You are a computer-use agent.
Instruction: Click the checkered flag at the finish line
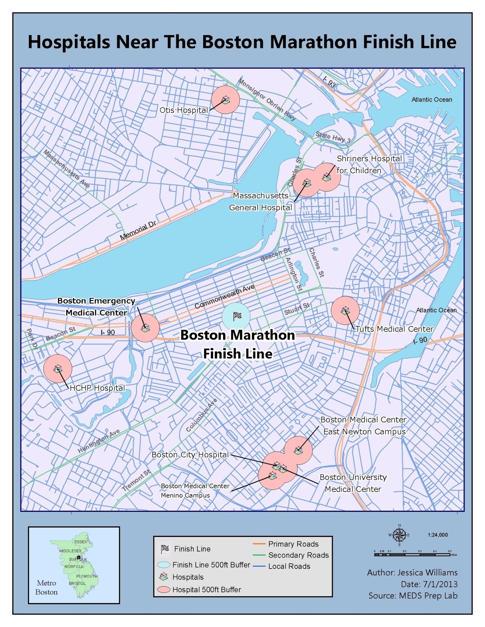point(237,316)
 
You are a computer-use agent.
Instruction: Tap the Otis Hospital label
point(183,110)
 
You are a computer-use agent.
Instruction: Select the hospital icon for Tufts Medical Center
point(345,311)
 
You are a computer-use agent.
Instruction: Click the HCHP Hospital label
point(97,388)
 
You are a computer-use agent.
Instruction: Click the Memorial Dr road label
point(138,230)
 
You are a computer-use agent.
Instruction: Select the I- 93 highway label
point(329,82)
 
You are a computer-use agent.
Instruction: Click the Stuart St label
point(296,309)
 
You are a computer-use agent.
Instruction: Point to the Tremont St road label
point(136,480)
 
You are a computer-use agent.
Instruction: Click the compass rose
point(399,535)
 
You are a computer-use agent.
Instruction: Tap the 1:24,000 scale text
point(438,535)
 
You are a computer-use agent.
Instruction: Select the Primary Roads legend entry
point(293,544)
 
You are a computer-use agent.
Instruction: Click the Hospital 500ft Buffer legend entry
point(206,590)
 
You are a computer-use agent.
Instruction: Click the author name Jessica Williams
point(427,573)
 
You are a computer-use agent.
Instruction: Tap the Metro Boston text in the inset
point(46,587)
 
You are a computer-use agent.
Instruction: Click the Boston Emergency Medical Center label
point(96,307)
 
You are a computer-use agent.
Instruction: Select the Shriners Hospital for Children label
point(369,165)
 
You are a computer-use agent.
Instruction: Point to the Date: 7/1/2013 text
point(429,584)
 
